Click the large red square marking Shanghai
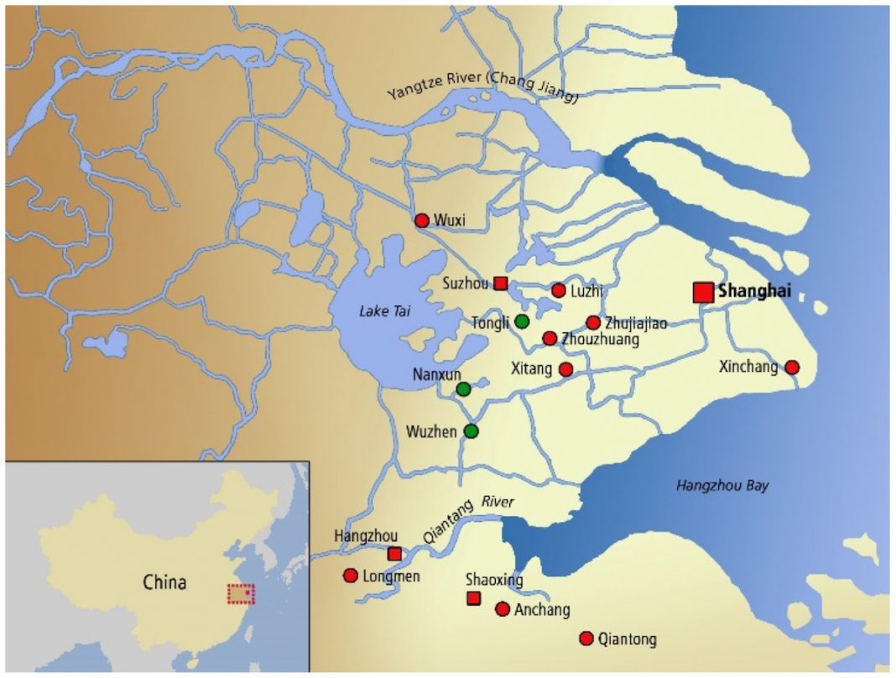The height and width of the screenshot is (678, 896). pos(703,292)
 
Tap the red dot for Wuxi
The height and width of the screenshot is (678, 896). pos(422,221)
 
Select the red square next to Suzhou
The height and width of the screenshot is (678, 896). pos(501,283)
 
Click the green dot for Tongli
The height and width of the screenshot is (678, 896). pos(522,321)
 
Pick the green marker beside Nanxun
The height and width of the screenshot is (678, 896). pos(463,389)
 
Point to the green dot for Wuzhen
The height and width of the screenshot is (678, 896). pos(471,431)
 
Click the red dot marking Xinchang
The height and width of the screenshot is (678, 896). pos(791,367)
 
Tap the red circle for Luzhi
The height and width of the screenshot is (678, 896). pos(559,290)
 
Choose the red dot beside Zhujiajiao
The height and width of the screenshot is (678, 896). pos(593,322)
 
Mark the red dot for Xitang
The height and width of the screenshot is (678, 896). pos(565,369)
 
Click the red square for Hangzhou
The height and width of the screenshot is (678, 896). pos(394,553)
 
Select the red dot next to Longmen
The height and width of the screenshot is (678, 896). pos(351,576)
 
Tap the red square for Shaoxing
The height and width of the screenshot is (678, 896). pos(473,597)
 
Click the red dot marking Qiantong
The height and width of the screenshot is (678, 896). pos(586,639)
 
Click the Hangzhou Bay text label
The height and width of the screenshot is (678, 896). pos(721,486)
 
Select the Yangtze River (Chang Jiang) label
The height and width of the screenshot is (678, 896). pos(483,86)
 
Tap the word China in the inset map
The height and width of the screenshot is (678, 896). pos(164,582)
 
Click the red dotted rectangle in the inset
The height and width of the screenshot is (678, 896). pos(241,593)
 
